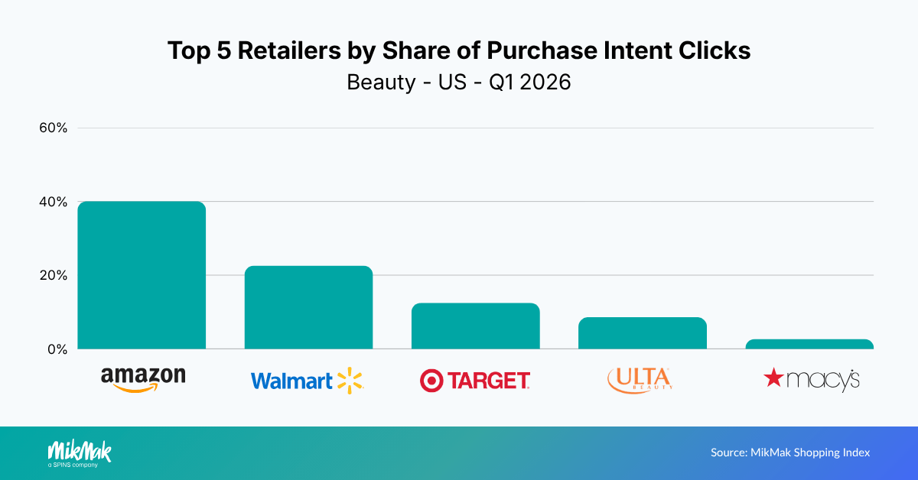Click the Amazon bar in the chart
142,275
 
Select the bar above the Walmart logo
308,307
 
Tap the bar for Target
475,326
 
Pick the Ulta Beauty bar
643,333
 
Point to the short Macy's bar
809,344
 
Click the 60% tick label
54,128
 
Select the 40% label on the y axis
54,202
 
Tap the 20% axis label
54,275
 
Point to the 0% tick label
58,349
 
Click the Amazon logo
143,378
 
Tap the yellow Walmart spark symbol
350,380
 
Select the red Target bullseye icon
431,381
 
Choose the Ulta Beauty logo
640,379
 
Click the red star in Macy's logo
774,377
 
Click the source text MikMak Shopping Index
790,452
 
